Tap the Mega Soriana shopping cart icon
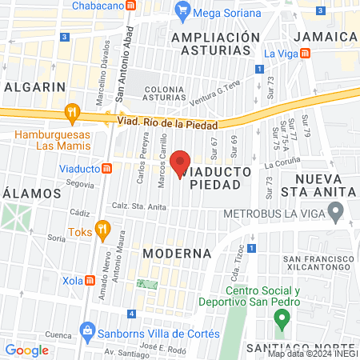click(183, 10)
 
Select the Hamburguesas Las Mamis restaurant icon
click(74, 113)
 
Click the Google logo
click(26, 350)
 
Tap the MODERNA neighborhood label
click(177, 253)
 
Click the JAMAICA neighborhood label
click(325, 37)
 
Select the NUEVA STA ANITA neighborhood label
click(324, 185)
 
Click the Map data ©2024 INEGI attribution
click(312, 353)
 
